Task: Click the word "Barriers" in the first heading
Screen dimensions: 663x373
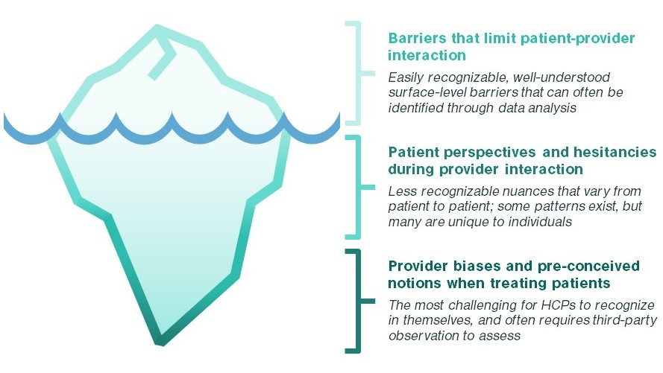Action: (x=417, y=38)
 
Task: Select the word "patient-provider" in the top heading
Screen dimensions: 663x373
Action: (x=577, y=39)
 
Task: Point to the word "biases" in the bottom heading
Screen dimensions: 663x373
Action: (x=477, y=266)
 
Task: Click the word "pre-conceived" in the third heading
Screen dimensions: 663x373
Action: (x=588, y=266)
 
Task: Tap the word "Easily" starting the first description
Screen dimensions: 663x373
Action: (x=406, y=77)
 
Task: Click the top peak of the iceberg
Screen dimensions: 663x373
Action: (x=157, y=26)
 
